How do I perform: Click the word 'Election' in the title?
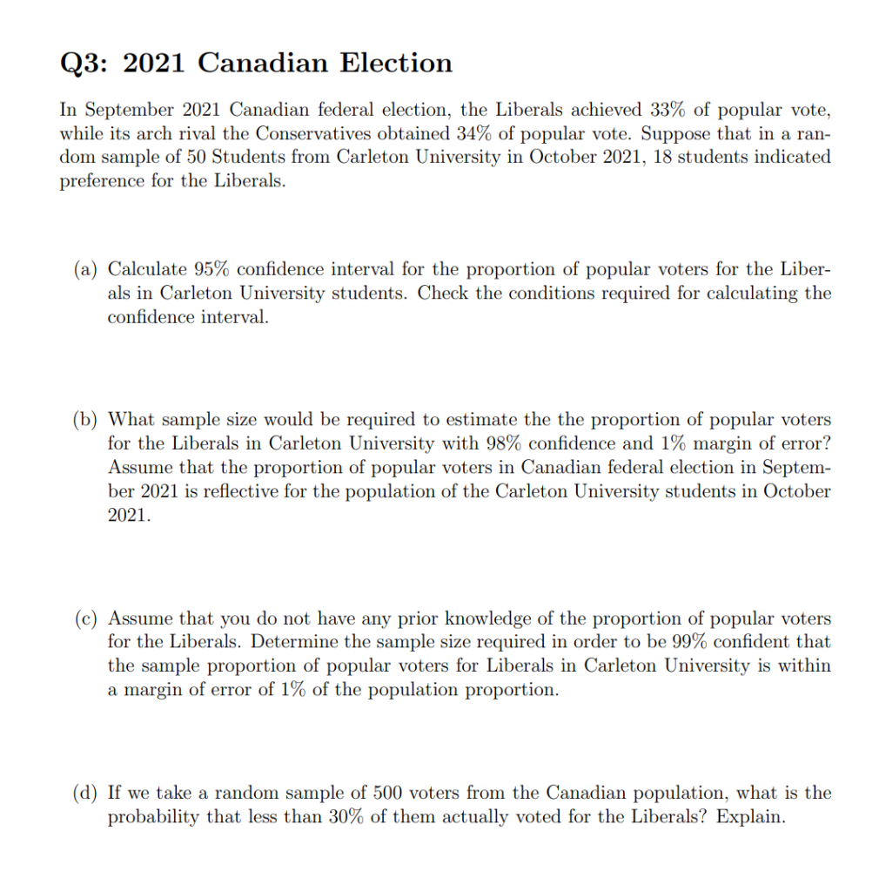395,63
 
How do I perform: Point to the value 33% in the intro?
668,110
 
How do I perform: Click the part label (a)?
85,269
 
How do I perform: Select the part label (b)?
85,419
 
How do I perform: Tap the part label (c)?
85,618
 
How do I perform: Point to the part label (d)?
85,794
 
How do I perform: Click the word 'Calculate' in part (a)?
146,269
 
